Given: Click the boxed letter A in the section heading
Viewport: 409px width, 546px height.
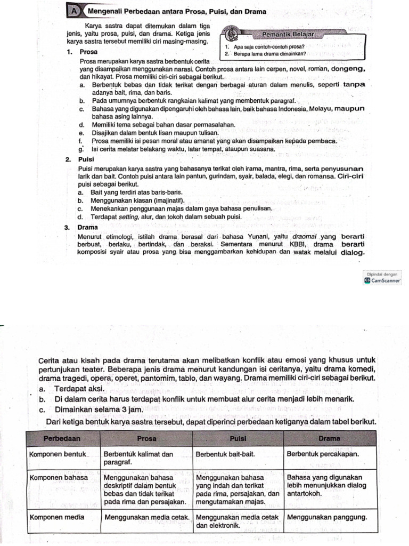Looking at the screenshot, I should point(74,11).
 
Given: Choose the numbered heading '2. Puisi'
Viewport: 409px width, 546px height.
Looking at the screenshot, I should point(79,159).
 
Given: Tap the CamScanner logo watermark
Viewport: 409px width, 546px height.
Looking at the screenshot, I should point(382,279).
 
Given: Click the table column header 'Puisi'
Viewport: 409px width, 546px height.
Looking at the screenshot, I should point(237,438).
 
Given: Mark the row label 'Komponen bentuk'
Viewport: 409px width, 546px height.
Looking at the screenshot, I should point(58,454).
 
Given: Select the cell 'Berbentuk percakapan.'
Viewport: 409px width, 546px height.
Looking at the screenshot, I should point(323,454).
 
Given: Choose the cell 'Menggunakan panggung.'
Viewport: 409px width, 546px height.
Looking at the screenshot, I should point(327,517).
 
